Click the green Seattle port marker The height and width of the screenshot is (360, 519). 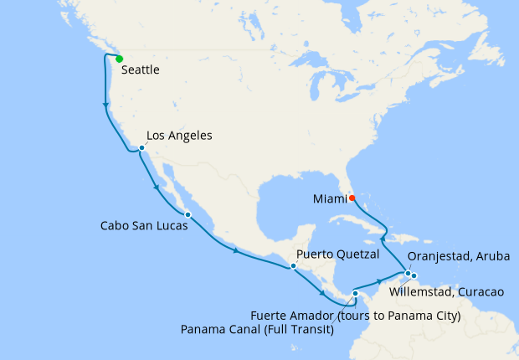point(120,59)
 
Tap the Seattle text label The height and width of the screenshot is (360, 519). point(141,71)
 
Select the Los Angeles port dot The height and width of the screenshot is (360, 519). point(142,148)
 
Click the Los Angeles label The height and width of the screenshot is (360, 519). point(179,136)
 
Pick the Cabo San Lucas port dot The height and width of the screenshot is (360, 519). point(188,215)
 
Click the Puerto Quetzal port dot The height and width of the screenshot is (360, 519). point(293,266)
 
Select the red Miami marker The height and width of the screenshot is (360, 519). point(352,198)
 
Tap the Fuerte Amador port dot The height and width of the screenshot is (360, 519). point(355,293)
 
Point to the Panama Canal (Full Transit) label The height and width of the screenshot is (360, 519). point(258,329)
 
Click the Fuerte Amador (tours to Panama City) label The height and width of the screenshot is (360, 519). point(357,316)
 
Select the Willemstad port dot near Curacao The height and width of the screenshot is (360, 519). point(414,275)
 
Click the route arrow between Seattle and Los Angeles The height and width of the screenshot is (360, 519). point(105,105)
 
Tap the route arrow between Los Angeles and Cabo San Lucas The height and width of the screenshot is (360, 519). point(157,188)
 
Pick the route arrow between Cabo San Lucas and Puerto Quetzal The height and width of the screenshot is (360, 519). point(236,249)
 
